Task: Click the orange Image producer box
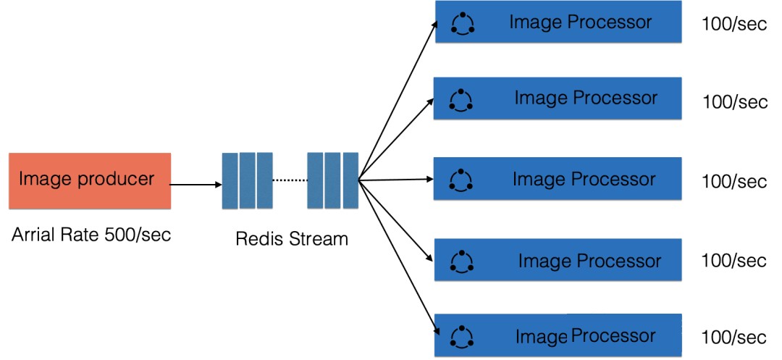click(x=89, y=180)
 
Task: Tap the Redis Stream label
click(x=292, y=238)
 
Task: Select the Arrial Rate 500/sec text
click(x=91, y=235)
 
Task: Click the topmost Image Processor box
click(x=558, y=22)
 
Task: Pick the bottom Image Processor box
click(x=558, y=335)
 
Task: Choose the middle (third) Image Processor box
click(x=558, y=179)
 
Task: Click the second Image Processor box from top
click(x=558, y=98)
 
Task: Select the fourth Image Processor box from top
click(x=558, y=260)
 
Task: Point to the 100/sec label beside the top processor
click(x=734, y=24)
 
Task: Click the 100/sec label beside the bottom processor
click(x=734, y=338)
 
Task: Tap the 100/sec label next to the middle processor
click(x=734, y=181)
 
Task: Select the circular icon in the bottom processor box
click(x=461, y=336)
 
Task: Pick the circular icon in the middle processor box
click(x=461, y=180)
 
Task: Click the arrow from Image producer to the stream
click(x=195, y=185)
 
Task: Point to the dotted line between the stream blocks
click(x=289, y=180)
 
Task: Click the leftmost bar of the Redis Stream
click(x=230, y=180)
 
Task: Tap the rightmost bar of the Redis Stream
click(x=350, y=180)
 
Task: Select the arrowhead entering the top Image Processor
click(x=435, y=23)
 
